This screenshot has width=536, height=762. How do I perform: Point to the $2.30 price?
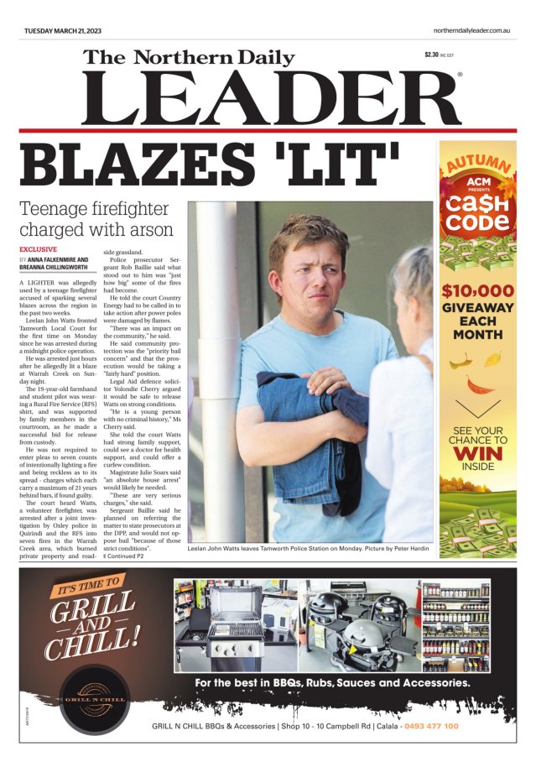click(x=431, y=55)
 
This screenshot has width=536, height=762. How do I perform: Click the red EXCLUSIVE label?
click(x=38, y=250)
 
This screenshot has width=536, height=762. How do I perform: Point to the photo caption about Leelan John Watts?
click(x=310, y=547)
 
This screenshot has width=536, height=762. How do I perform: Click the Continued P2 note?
click(x=123, y=556)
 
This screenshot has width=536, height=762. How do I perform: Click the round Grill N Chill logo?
click(x=94, y=699)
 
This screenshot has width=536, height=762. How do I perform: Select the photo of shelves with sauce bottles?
click(x=455, y=624)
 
